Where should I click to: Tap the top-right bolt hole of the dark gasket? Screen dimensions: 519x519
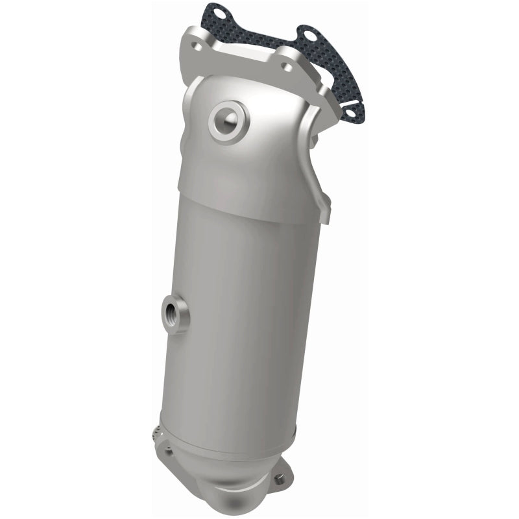pos(307,33)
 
